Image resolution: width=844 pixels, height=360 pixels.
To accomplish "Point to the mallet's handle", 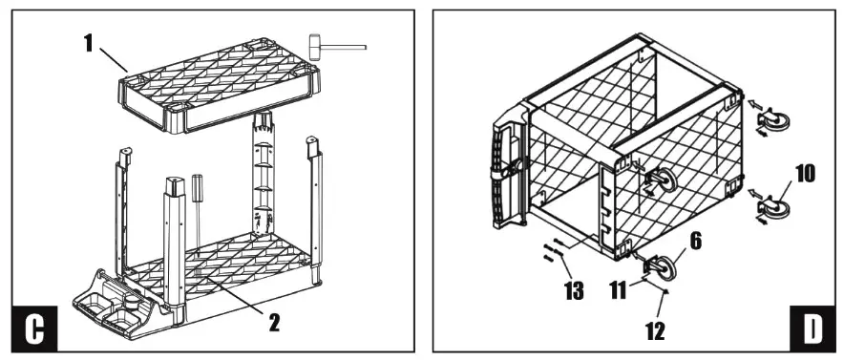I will point(348,44).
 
